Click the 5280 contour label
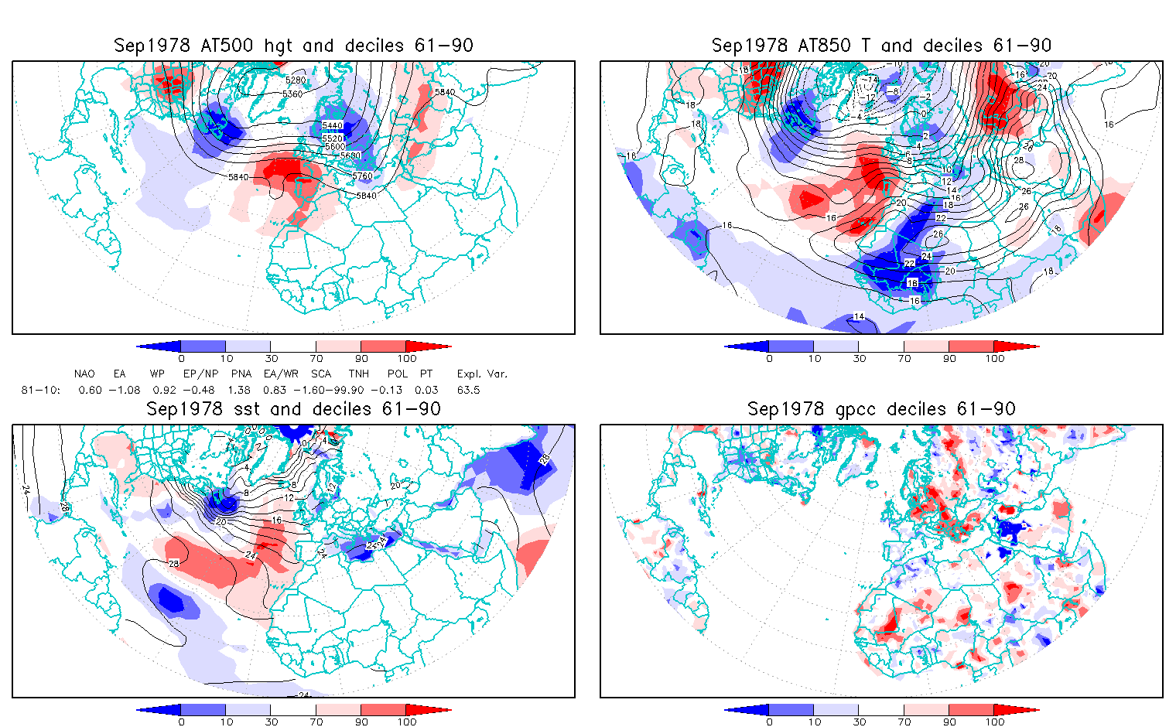[x=296, y=80]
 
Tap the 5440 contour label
[x=332, y=125]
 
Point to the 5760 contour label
[x=362, y=176]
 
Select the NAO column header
[x=84, y=374]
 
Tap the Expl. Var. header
[x=482, y=374]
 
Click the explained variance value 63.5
[x=468, y=390]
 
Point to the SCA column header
[x=321, y=374]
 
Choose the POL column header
[x=398, y=374]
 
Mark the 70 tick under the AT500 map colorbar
[x=316, y=358]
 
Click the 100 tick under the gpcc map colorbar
[x=995, y=722]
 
